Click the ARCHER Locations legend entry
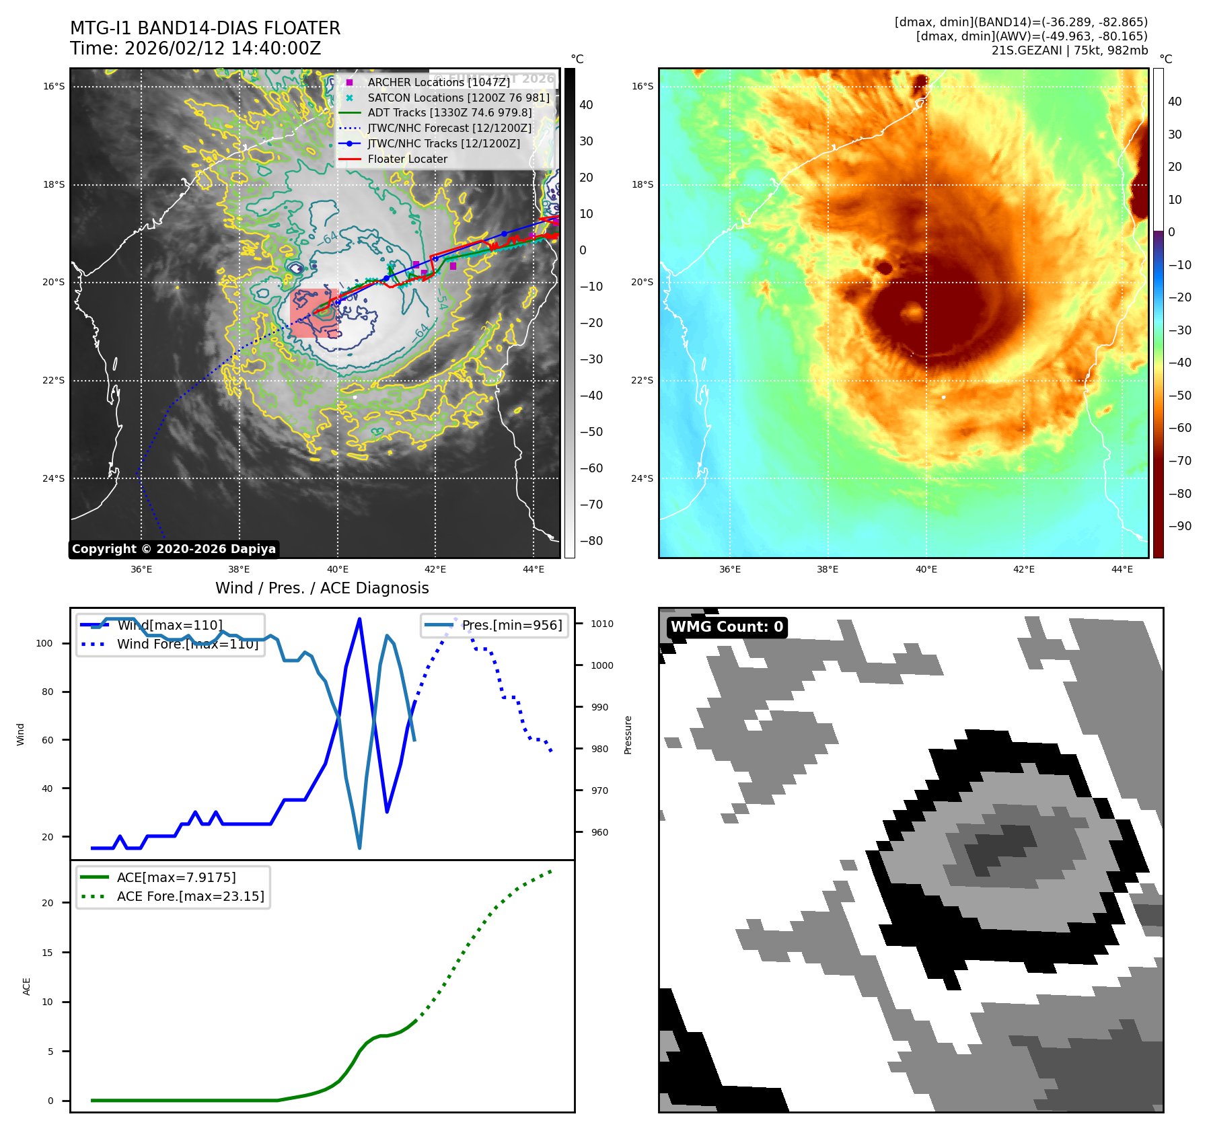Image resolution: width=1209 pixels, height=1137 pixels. pyautogui.click(x=439, y=82)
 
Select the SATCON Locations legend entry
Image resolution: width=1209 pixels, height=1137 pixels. pyautogui.click(x=458, y=98)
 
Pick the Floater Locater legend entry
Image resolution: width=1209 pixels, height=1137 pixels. pyautogui.click(x=407, y=159)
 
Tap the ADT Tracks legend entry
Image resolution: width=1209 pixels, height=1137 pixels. pyautogui.click(x=449, y=113)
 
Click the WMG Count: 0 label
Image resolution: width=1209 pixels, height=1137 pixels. pyautogui.click(x=727, y=627)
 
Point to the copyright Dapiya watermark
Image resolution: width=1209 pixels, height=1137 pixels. pyautogui.click(x=174, y=549)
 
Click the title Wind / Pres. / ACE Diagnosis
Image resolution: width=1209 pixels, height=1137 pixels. pyautogui.click(x=322, y=588)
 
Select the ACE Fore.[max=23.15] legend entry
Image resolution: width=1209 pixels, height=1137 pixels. pyautogui.click(x=190, y=896)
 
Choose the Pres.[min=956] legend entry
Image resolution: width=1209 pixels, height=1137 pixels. pyautogui.click(x=511, y=625)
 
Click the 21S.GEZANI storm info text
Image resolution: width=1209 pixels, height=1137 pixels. pyautogui.click(x=1069, y=50)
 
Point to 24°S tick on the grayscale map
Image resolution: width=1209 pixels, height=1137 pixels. pyautogui.click(x=54, y=478)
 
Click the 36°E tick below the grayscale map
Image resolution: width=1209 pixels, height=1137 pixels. pyautogui.click(x=141, y=569)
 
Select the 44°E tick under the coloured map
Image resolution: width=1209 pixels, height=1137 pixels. pyautogui.click(x=1122, y=569)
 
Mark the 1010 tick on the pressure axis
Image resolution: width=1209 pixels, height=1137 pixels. pyautogui.click(x=601, y=624)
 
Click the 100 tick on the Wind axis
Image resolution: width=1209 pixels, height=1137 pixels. pyautogui.click(x=44, y=643)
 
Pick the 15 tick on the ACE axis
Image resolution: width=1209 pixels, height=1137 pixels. pyautogui.click(x=47, y=953)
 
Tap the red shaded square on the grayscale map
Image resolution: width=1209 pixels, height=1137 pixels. pyautogui.click(x=314, y=314)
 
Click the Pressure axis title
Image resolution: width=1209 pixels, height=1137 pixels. pyautogui.click(x=628, y=735)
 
